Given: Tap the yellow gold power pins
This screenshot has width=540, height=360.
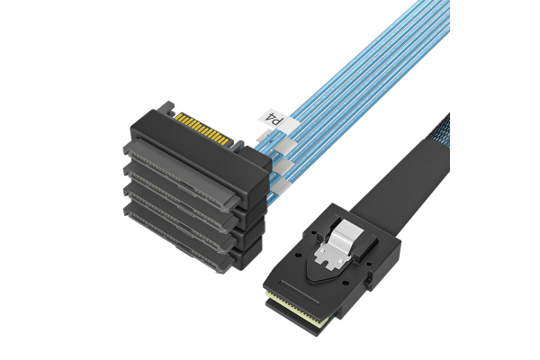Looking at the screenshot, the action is click(x=202, y=129).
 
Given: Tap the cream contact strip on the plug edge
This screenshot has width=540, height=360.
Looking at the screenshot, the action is click(x=296, y=304).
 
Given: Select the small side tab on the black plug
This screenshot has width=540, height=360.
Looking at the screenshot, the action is click(x=367, y=278).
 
